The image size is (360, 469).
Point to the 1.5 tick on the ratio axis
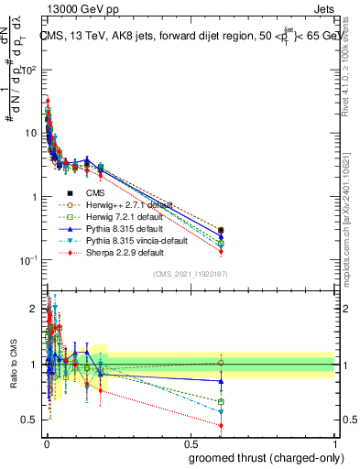(31, 337)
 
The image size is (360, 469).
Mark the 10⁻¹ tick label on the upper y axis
(27, 260)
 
